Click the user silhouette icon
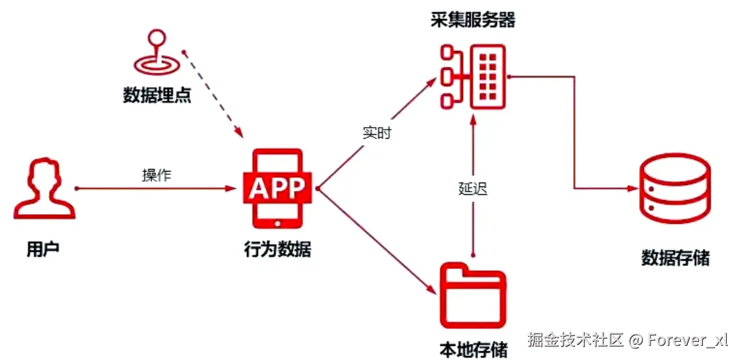tap(44, 190)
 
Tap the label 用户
tap(43, 249)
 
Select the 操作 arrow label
tap(156, 175)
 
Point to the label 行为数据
tap(277, 249)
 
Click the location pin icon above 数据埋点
tap(155, 54)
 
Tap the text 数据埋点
tap(157, 95)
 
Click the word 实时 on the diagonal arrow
tap(377, 134)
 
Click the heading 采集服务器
tap(473, 20)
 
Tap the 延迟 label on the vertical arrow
tap(473, 188)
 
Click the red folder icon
tap(472, 296)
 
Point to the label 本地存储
tap(473, 349)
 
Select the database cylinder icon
tap(674, 188)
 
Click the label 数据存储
tap(675, 258)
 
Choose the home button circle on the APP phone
tap(278, 223)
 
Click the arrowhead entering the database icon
tap(631, 188)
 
